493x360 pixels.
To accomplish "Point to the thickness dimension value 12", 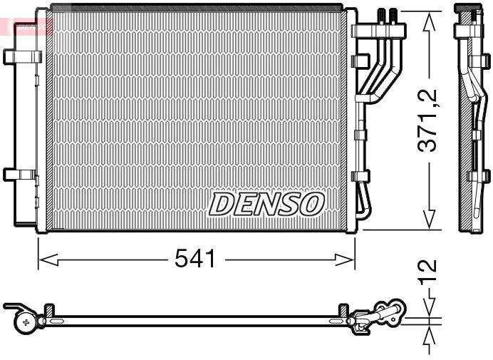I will point(428,274).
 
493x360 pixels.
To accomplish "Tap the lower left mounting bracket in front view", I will point(19,174).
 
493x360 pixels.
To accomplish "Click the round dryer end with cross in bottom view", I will point(26,323).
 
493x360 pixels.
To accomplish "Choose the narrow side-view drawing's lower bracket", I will point(478,175).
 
